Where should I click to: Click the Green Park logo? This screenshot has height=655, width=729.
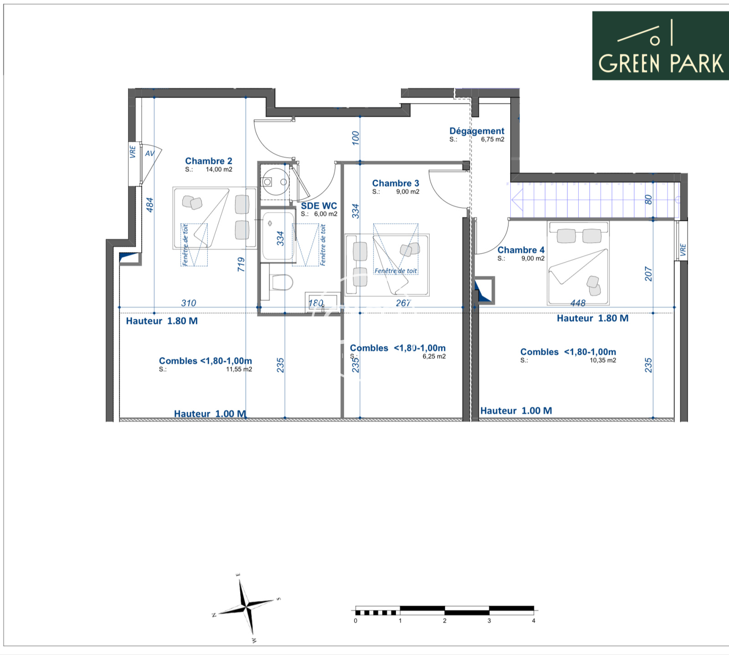pyautogui.click(x=660, y=46)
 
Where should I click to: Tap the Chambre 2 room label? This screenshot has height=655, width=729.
pyautogui.click(x=209, y=161)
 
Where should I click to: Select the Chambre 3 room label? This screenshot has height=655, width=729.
pyautogui.click(x=395, y=183)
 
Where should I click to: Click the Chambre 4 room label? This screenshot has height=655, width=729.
pyautogui.click(x=521, y=250)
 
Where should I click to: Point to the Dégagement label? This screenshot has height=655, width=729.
pyautogui.click(x=477, y=131)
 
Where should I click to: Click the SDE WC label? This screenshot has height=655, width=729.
pyautogui.click(x=319, y=206)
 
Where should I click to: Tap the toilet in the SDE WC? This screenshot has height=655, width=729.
pyautogui.click(x=281, y=282)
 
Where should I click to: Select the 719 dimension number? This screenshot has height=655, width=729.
pyautogui.click(x=241, y=265)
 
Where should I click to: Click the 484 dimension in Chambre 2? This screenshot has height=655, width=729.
pyautogui.click(x=149, y=205)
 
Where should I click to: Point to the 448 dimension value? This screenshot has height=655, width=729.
pyautogui.click(x=578, y=303)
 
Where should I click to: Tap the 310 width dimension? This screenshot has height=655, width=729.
pyautogui.click(x=189, y=303)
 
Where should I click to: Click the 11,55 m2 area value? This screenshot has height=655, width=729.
pyautogui.click(x=239, y=369)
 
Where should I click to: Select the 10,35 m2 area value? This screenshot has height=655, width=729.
pyautogui.click(x=603, y=360)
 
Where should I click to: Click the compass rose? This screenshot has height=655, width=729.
pyautogui.click(x=246, y=607)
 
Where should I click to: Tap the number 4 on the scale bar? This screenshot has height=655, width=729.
pyautogui.click(x=534, y=621)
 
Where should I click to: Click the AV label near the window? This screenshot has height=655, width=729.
pyautogui.click(x=150, y=154)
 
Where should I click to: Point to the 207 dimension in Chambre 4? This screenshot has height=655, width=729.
pyautogui.click(x=648, y=274)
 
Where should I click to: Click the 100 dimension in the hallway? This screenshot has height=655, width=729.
pyautogui.click(x=355, y=138)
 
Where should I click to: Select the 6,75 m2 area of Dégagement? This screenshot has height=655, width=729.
pyautogui.click(x=493, y=139)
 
